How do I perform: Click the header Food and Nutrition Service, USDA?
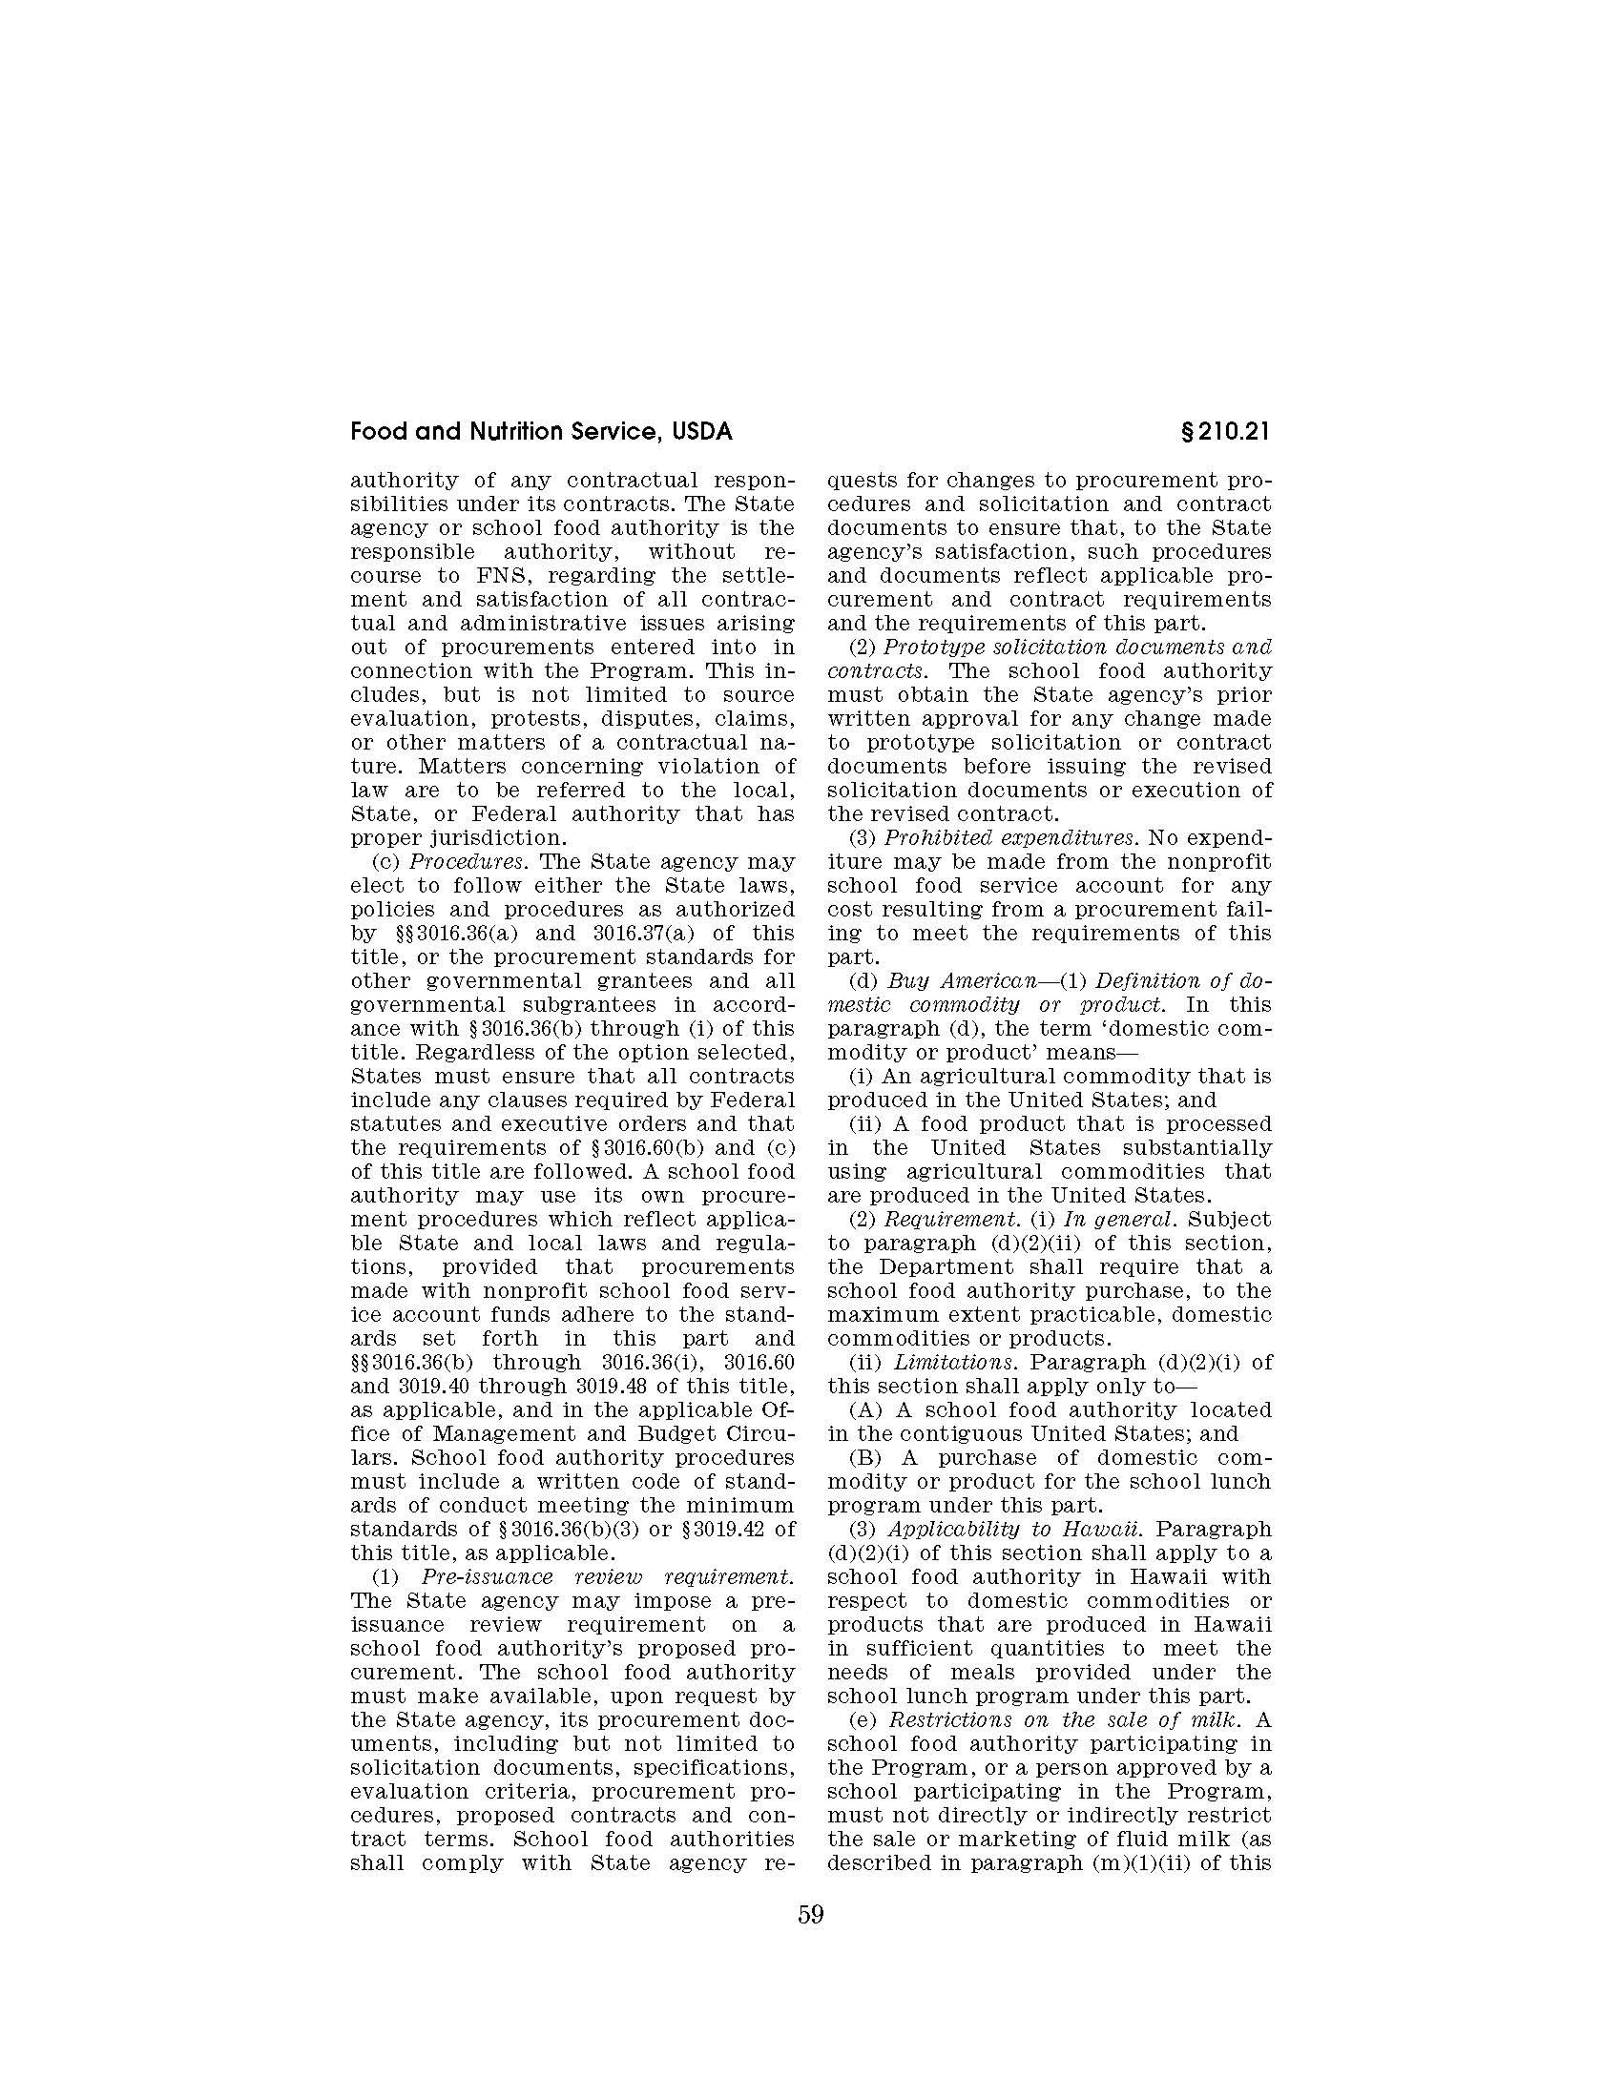coord(541,432)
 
